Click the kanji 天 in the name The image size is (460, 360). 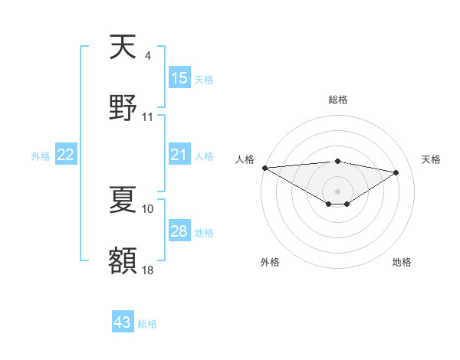pyautogui.click(x=123, y=48)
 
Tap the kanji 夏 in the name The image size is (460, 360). pyautogui.click(x=123, y=201)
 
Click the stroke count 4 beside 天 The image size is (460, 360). pyautogui.click(x=147, y=56)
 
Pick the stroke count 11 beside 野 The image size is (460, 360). pyautogui.click(x=148, y=117)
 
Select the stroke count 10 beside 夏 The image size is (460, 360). pyautogui.click(x=148, y=208)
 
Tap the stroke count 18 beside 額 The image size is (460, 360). pyautogui.click(x=148, y=270)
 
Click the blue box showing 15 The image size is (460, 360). pyautogui.click(x=179, y=78)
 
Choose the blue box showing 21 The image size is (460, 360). pyautogui.click(x=179, y=155)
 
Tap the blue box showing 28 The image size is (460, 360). pyautogui.click(x=179, y=231)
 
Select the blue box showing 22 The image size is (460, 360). pyautogui.click(x=66, y=155)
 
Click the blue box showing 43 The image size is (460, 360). pyautogui.click(x=123, y=322)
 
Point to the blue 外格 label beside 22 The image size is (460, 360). pyautogui.click(x=41, y=156)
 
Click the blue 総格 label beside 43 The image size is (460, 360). pyautogui.click(x=148, y=324)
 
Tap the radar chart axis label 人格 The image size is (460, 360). pyautogui.click(x=245, y=158)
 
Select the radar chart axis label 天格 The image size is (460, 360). pyautogui.click(x=431, y=159)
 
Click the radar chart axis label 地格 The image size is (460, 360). pyautogui.click(x=402, y=262)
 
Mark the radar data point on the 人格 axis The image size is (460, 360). pyautogui.click(x=264, y=168)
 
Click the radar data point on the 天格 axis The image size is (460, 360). pyautogui.click(x=396, y=172)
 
